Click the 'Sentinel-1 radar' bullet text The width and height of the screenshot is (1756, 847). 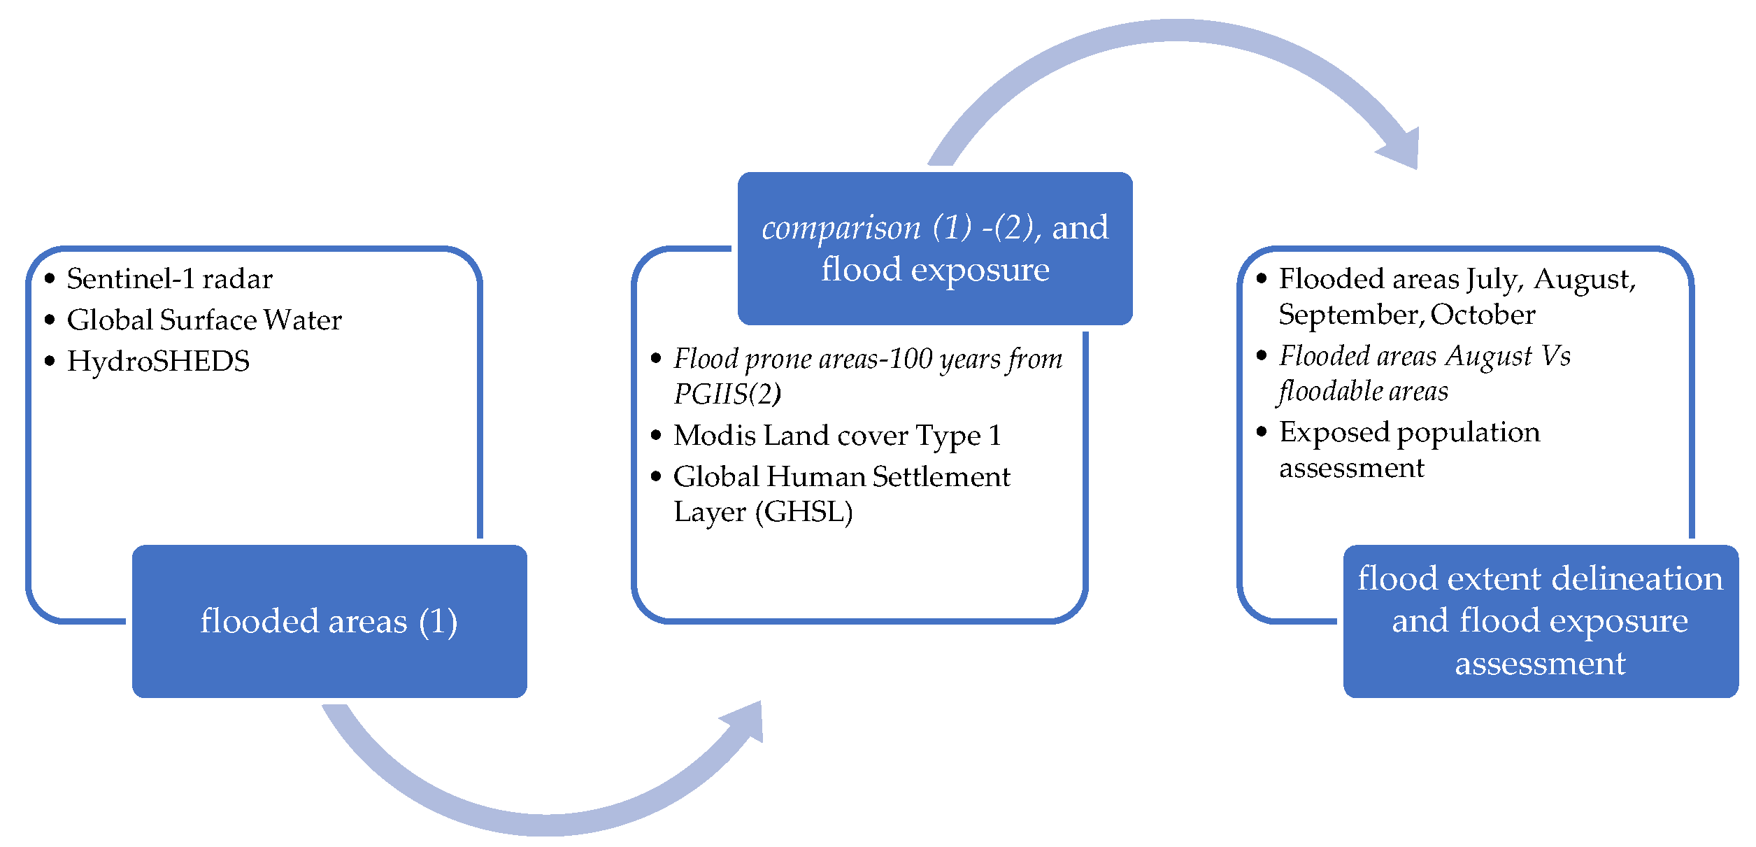coord(169,279)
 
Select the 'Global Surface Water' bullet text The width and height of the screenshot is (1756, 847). coord(204,320)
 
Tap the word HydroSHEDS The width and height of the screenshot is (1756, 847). coord(158,362)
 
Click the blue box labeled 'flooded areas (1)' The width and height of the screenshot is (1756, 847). coord(329,621)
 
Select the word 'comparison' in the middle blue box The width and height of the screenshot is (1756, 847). coord(841,228)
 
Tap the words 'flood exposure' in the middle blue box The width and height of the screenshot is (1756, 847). coord(935,270)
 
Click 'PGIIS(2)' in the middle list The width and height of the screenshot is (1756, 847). coord(727,394)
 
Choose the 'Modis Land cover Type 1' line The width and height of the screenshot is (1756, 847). coord(837,436)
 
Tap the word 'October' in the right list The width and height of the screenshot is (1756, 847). coord(1483,315)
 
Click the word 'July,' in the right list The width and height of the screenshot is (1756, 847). coord(1494,279)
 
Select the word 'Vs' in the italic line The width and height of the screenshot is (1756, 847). coord(1556,356)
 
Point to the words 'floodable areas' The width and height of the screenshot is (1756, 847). coord(1363,391)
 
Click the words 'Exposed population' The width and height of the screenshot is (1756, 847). coord(1409,432)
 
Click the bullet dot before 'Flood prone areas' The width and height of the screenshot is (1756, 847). coord(656,359)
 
